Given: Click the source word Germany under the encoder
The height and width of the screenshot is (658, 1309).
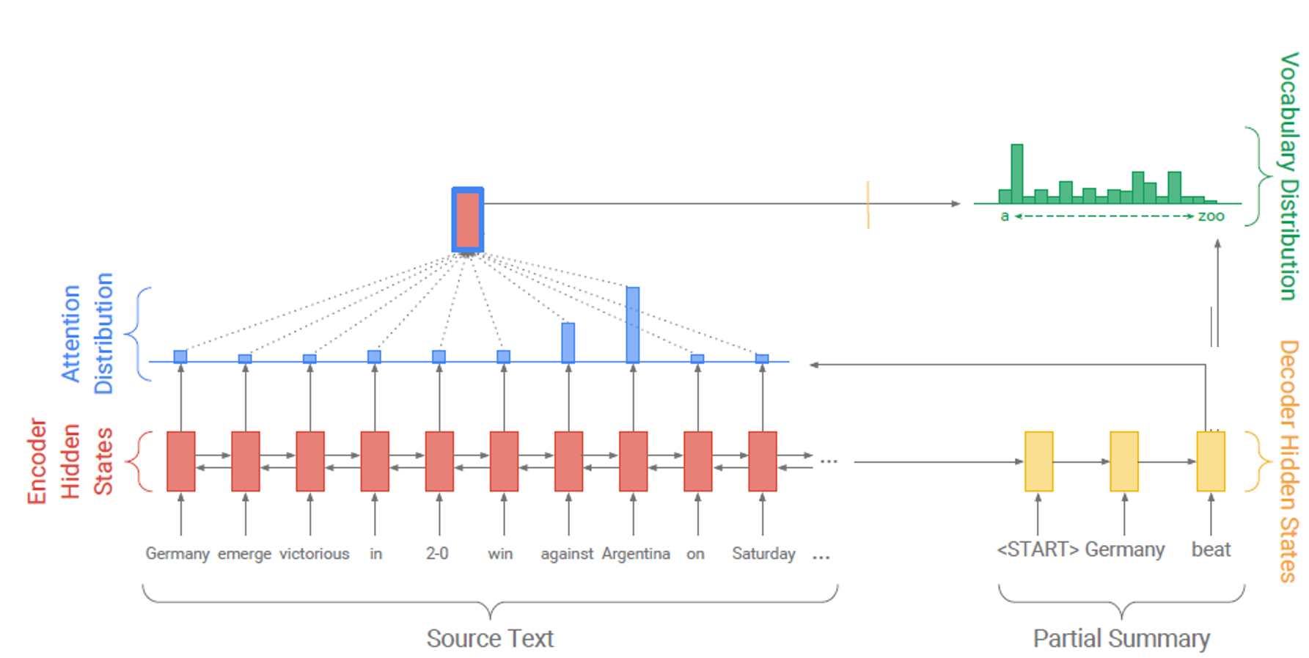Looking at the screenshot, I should (177, 554).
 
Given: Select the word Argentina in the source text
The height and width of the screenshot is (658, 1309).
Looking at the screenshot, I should (636, 554).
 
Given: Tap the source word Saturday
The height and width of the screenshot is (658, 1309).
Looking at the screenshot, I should (763, 554).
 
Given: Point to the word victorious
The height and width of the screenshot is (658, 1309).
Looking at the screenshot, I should (314, 554).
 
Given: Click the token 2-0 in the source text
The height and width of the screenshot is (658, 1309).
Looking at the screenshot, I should (437, 554).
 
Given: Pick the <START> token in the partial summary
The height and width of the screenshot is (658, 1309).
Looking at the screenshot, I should (1037, 549).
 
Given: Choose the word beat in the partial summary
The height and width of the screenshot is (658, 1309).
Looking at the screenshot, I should (1211, 549).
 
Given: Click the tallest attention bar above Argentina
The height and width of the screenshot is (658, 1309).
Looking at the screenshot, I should (633, 324).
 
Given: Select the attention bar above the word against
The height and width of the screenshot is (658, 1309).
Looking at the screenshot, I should (568, 342).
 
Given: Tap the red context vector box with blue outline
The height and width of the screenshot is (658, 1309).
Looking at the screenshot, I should (468, 220).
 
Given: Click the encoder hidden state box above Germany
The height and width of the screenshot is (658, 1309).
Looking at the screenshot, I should (181, 461).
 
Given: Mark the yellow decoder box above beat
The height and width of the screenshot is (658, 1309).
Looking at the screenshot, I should (1211, 461).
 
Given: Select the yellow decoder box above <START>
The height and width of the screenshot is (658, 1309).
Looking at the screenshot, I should (1038, 461).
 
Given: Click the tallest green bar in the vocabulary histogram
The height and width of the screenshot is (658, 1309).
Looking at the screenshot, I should (1016, 173).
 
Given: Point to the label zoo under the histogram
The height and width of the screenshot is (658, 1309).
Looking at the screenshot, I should (1211, 216).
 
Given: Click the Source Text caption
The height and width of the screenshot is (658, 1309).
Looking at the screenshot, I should (490, 638).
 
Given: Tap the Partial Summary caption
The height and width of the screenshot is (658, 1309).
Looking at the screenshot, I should (1121, 638).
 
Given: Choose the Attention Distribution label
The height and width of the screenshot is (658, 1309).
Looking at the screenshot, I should (88, 334).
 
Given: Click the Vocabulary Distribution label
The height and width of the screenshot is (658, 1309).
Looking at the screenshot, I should (1288, 176).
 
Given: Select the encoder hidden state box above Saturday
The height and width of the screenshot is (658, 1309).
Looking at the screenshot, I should (763, 461).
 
